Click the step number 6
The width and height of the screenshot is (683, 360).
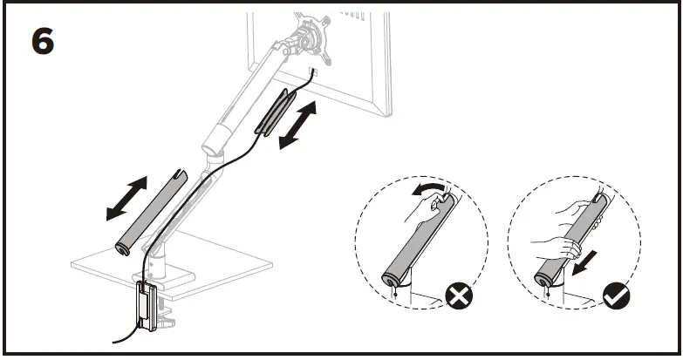click(43, 40)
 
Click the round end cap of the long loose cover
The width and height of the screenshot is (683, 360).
click(120, 250)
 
